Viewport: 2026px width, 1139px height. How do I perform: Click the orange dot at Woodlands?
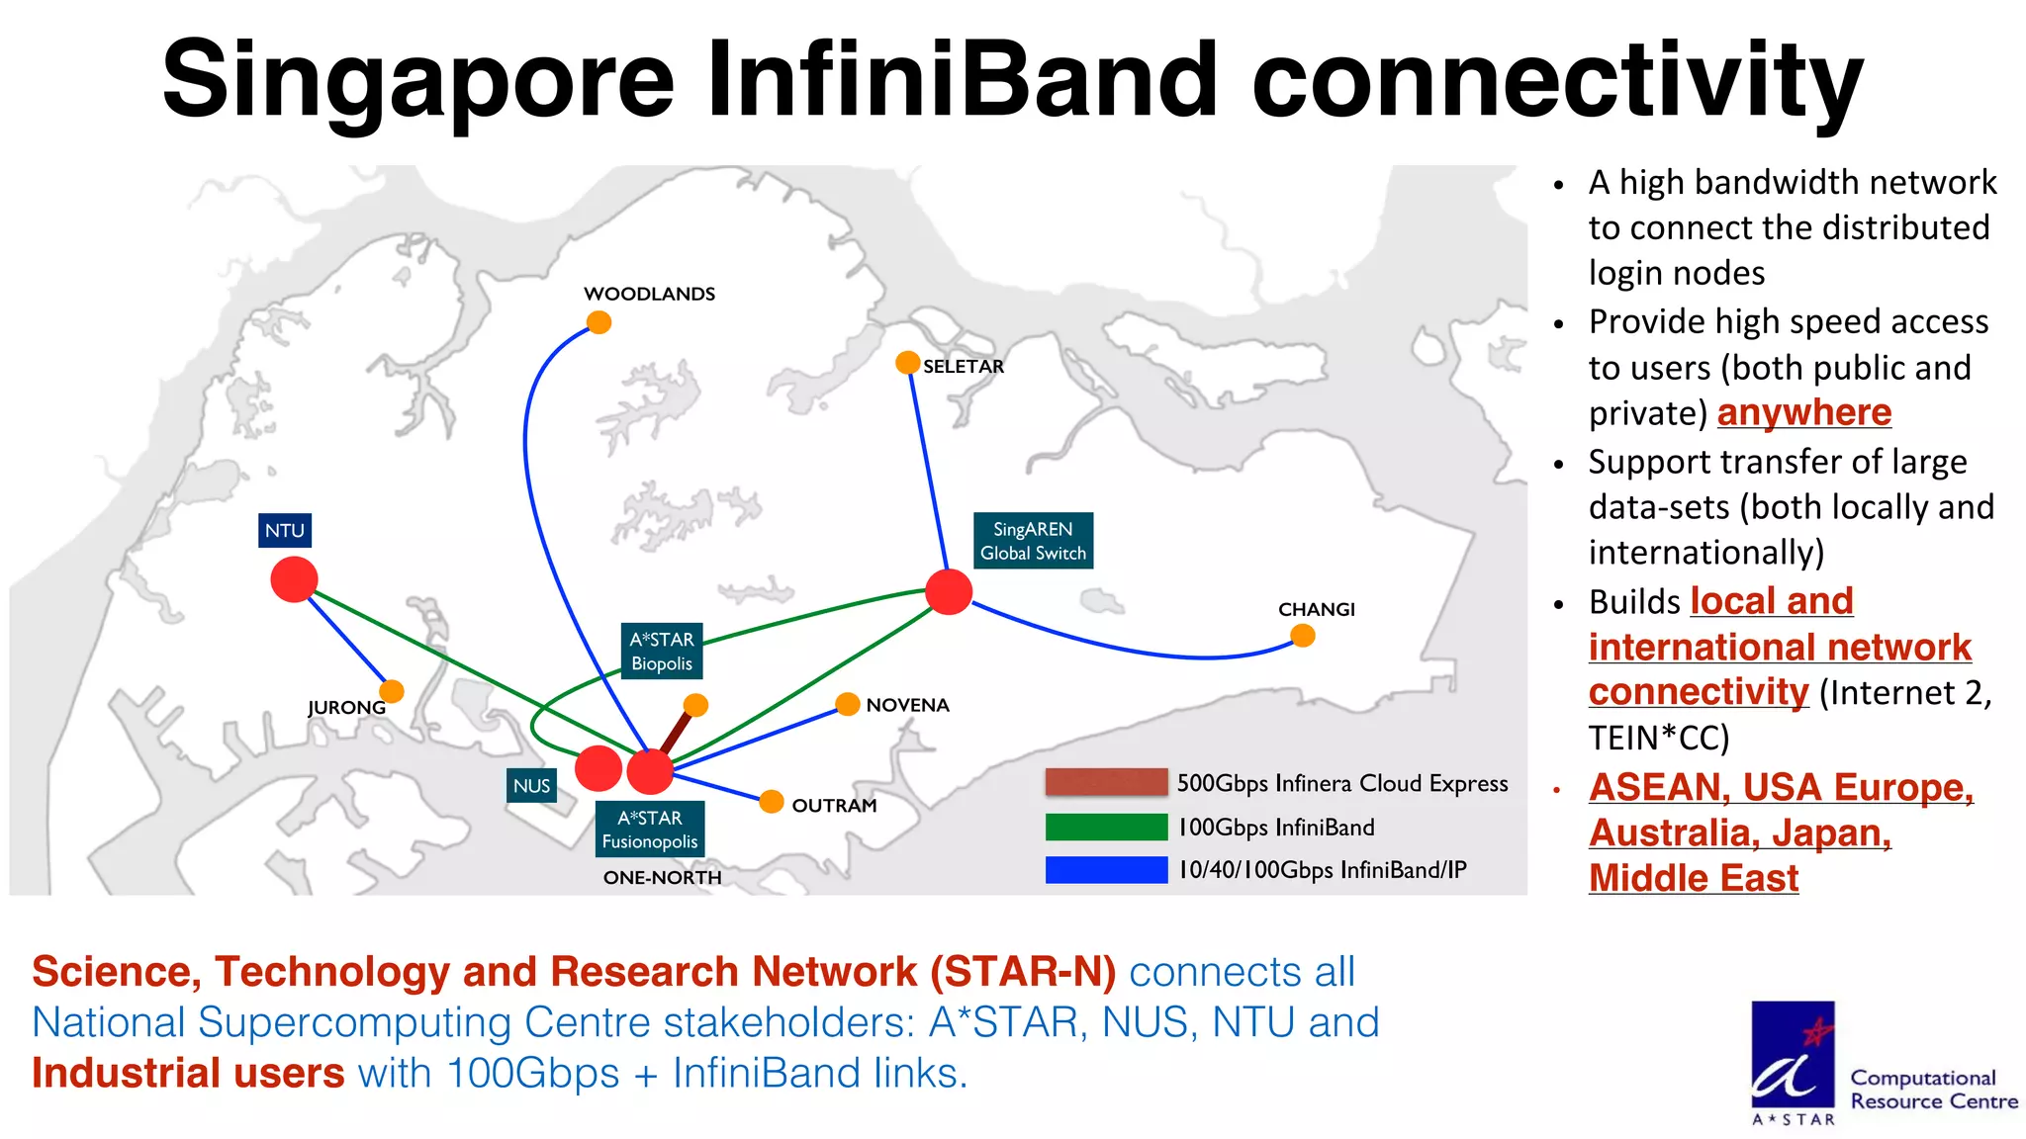tap(599, 322)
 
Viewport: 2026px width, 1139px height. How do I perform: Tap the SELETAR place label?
tap(963, 367)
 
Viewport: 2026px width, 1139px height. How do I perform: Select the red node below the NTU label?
tap(294, 579)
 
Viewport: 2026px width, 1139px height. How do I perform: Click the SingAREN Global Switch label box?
tap(1033, 541)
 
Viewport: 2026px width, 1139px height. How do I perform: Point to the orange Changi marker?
tap(1303, 636)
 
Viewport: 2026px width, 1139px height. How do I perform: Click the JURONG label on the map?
tap(346, 708)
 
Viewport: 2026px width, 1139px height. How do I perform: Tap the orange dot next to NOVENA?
tap(847, 704)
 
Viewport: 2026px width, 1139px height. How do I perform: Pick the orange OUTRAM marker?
tap(772, 802)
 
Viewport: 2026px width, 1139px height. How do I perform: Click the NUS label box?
tap(531, 786)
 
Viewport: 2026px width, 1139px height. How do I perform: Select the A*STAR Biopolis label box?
tap(662, 651)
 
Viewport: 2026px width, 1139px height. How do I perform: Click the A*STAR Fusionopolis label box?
tap(650, 830)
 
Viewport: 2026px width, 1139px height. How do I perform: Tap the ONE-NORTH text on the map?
tap(662, 878)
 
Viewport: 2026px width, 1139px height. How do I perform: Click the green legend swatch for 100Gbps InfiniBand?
tap(1106, 827)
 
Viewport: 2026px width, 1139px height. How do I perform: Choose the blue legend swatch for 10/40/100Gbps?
tap(1106, 870)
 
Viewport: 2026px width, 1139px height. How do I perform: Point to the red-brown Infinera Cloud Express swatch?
tap(1106, 782)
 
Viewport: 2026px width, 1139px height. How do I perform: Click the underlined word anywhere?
tap(1803, 412)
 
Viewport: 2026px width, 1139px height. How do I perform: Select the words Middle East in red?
tap(1693, 878)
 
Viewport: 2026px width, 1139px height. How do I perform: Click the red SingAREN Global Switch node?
tap(949, 591)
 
